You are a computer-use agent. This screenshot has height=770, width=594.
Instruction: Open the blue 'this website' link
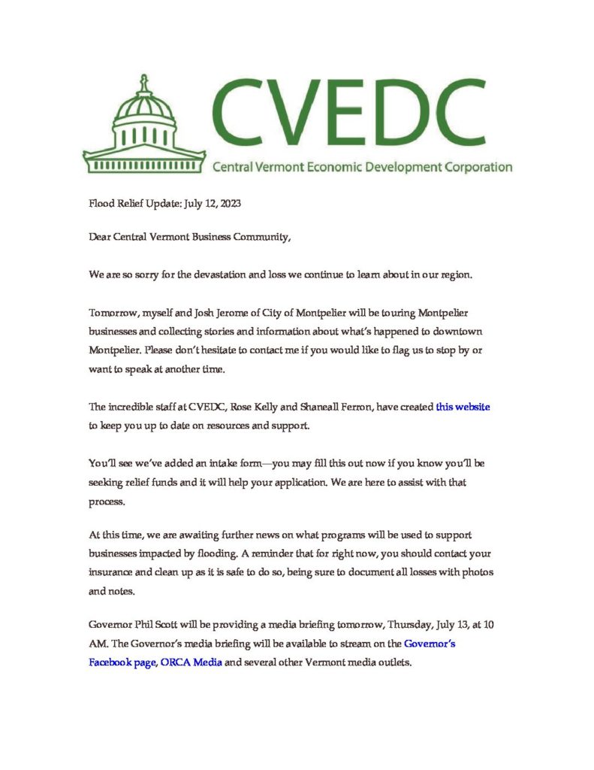click(x=463, y=407)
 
